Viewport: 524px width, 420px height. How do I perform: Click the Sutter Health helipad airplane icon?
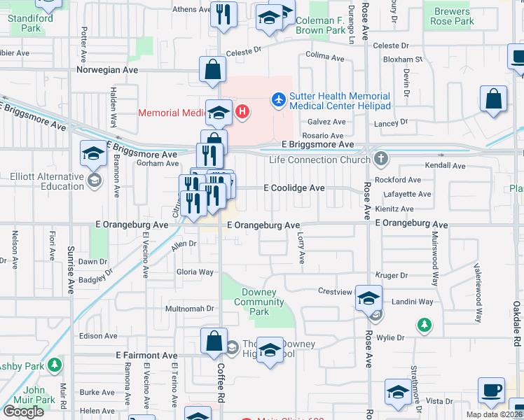click(x=279, y=100)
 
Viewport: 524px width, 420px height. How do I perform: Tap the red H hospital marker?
click(x=242, y=111)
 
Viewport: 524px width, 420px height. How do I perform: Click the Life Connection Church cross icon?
click(x=380, y=158)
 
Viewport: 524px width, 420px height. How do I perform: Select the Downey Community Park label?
click(x=258, y=302)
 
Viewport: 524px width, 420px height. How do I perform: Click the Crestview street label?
click(x=333, y=290)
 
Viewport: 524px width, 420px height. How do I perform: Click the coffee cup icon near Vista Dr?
click(x=491, y=389)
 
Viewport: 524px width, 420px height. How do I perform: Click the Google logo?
click(x=23, y=412)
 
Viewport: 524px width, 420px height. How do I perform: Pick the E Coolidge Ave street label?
click(x=294, y=188)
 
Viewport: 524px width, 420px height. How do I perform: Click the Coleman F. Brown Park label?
click(x=320, y=26)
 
